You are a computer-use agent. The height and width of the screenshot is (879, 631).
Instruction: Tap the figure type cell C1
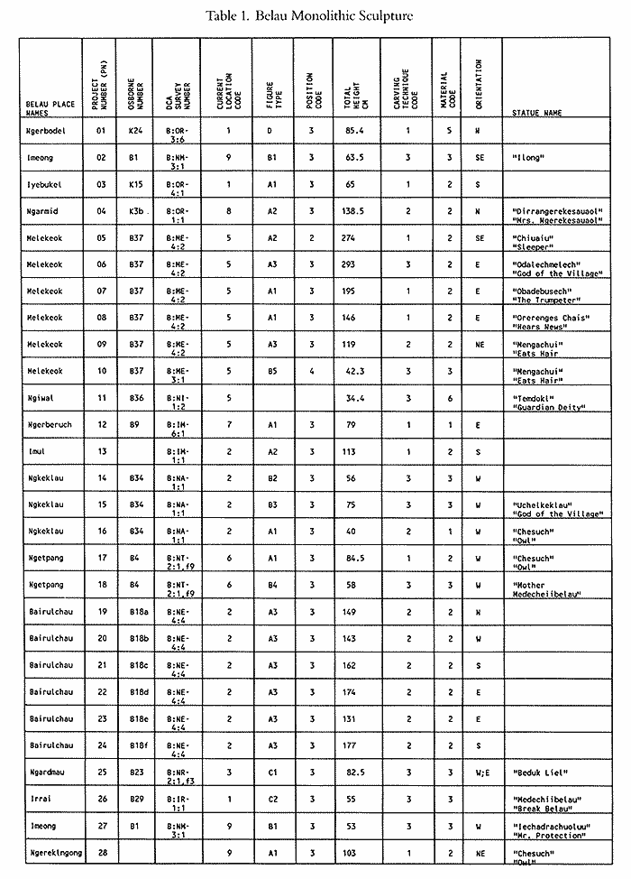tap(268, 774)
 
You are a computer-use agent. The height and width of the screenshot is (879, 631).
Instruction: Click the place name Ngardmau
tap(45, 774)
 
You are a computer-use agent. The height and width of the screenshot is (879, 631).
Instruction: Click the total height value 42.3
tap(352, 370)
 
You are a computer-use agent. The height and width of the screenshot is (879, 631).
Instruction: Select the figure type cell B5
tap(268, 370)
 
